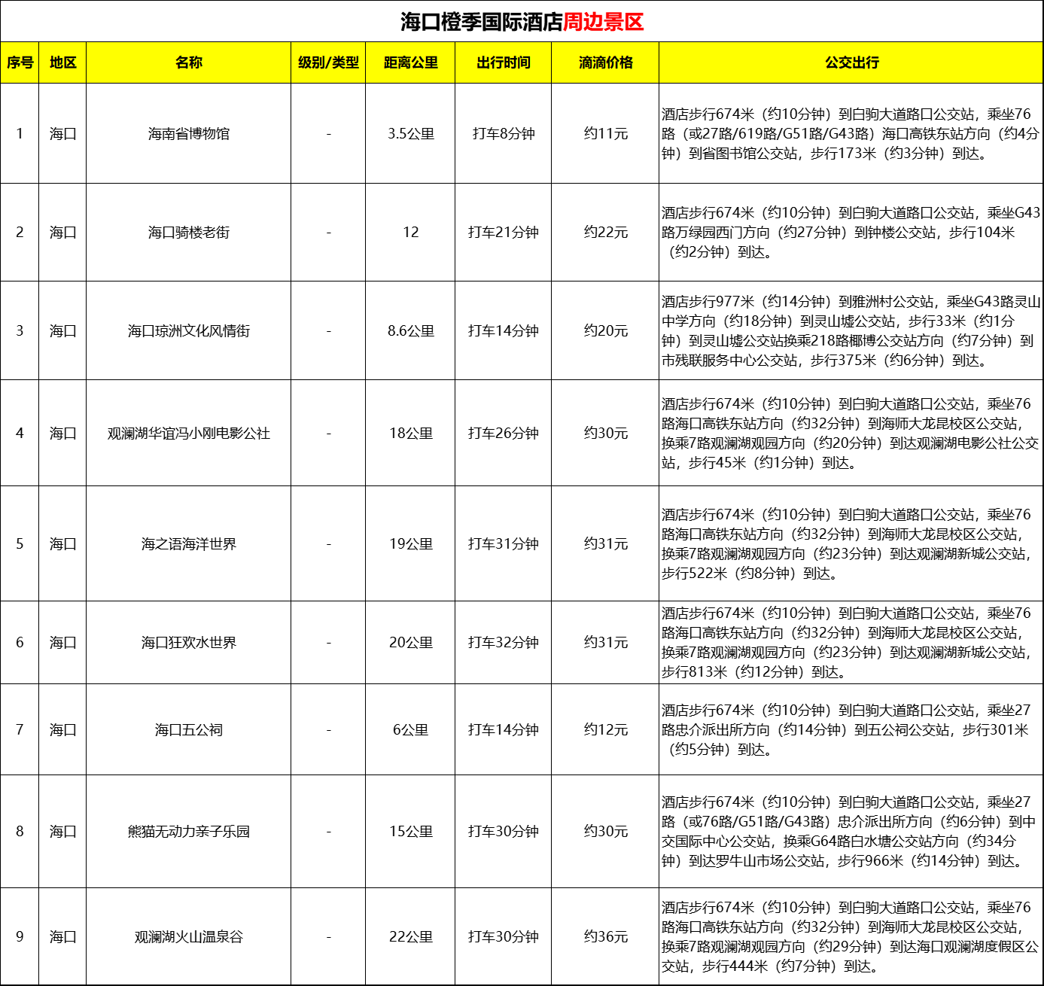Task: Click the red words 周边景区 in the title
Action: [x=603, y=22]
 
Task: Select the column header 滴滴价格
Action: [x=605, y=62]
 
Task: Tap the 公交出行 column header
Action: [x=851, y=62]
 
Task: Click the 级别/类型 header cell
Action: [x=328, y=62]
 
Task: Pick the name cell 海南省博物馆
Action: [x=189, y=134]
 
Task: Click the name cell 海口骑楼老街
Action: [x=189, y=233]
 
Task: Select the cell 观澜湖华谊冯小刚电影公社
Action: [x=189, y=434]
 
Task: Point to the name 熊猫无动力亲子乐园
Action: [x=189, y=832]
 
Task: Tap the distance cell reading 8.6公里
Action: [x=411, y=331]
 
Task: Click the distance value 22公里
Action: [x=411, y=937]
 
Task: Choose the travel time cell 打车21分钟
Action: [x=504, y=233]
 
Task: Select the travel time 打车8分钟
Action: [x=504, y=134]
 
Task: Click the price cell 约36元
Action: [x=606, y=937]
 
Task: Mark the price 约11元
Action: [x=606, y=134]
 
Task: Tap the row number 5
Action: [x=20, y=544]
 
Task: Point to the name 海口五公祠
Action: [x=189, y=730]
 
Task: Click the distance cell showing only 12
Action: [x=411, y=233]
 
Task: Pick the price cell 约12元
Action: [x=606, y=730]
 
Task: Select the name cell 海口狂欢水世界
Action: [x=189, y=643]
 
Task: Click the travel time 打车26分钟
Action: [x=504, y=434]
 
